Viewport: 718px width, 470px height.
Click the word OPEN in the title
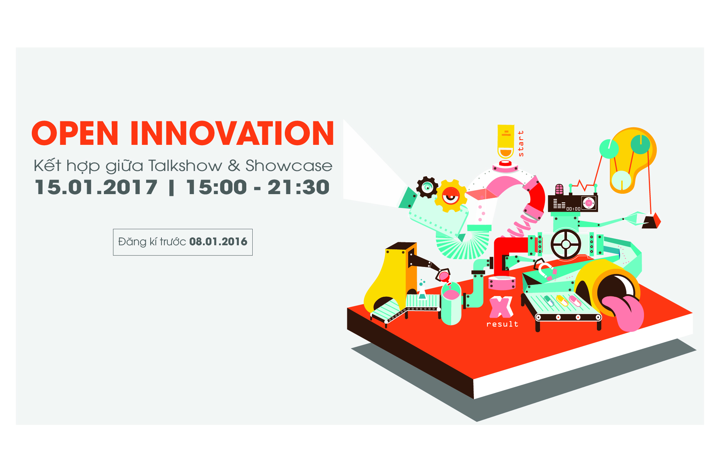(75, 133)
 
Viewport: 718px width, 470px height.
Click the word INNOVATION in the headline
(232, 133)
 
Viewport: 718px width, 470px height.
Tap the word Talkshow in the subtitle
(185, 166)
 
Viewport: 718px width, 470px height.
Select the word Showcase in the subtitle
(289, 166)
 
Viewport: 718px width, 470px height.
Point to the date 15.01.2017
(96, 187)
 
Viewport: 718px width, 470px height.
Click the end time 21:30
(299, 187)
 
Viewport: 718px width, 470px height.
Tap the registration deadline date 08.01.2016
(218, 242)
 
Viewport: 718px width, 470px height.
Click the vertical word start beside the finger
(521, 143)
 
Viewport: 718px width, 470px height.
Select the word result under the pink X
(502, 324)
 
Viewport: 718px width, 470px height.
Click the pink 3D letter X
(501, 307)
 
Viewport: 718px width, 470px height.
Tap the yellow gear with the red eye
(451, 196)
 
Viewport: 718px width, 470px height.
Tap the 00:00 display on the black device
(573, 209)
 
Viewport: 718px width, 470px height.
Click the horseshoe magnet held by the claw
(544, 270)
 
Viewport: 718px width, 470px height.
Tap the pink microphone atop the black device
(559, 189)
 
